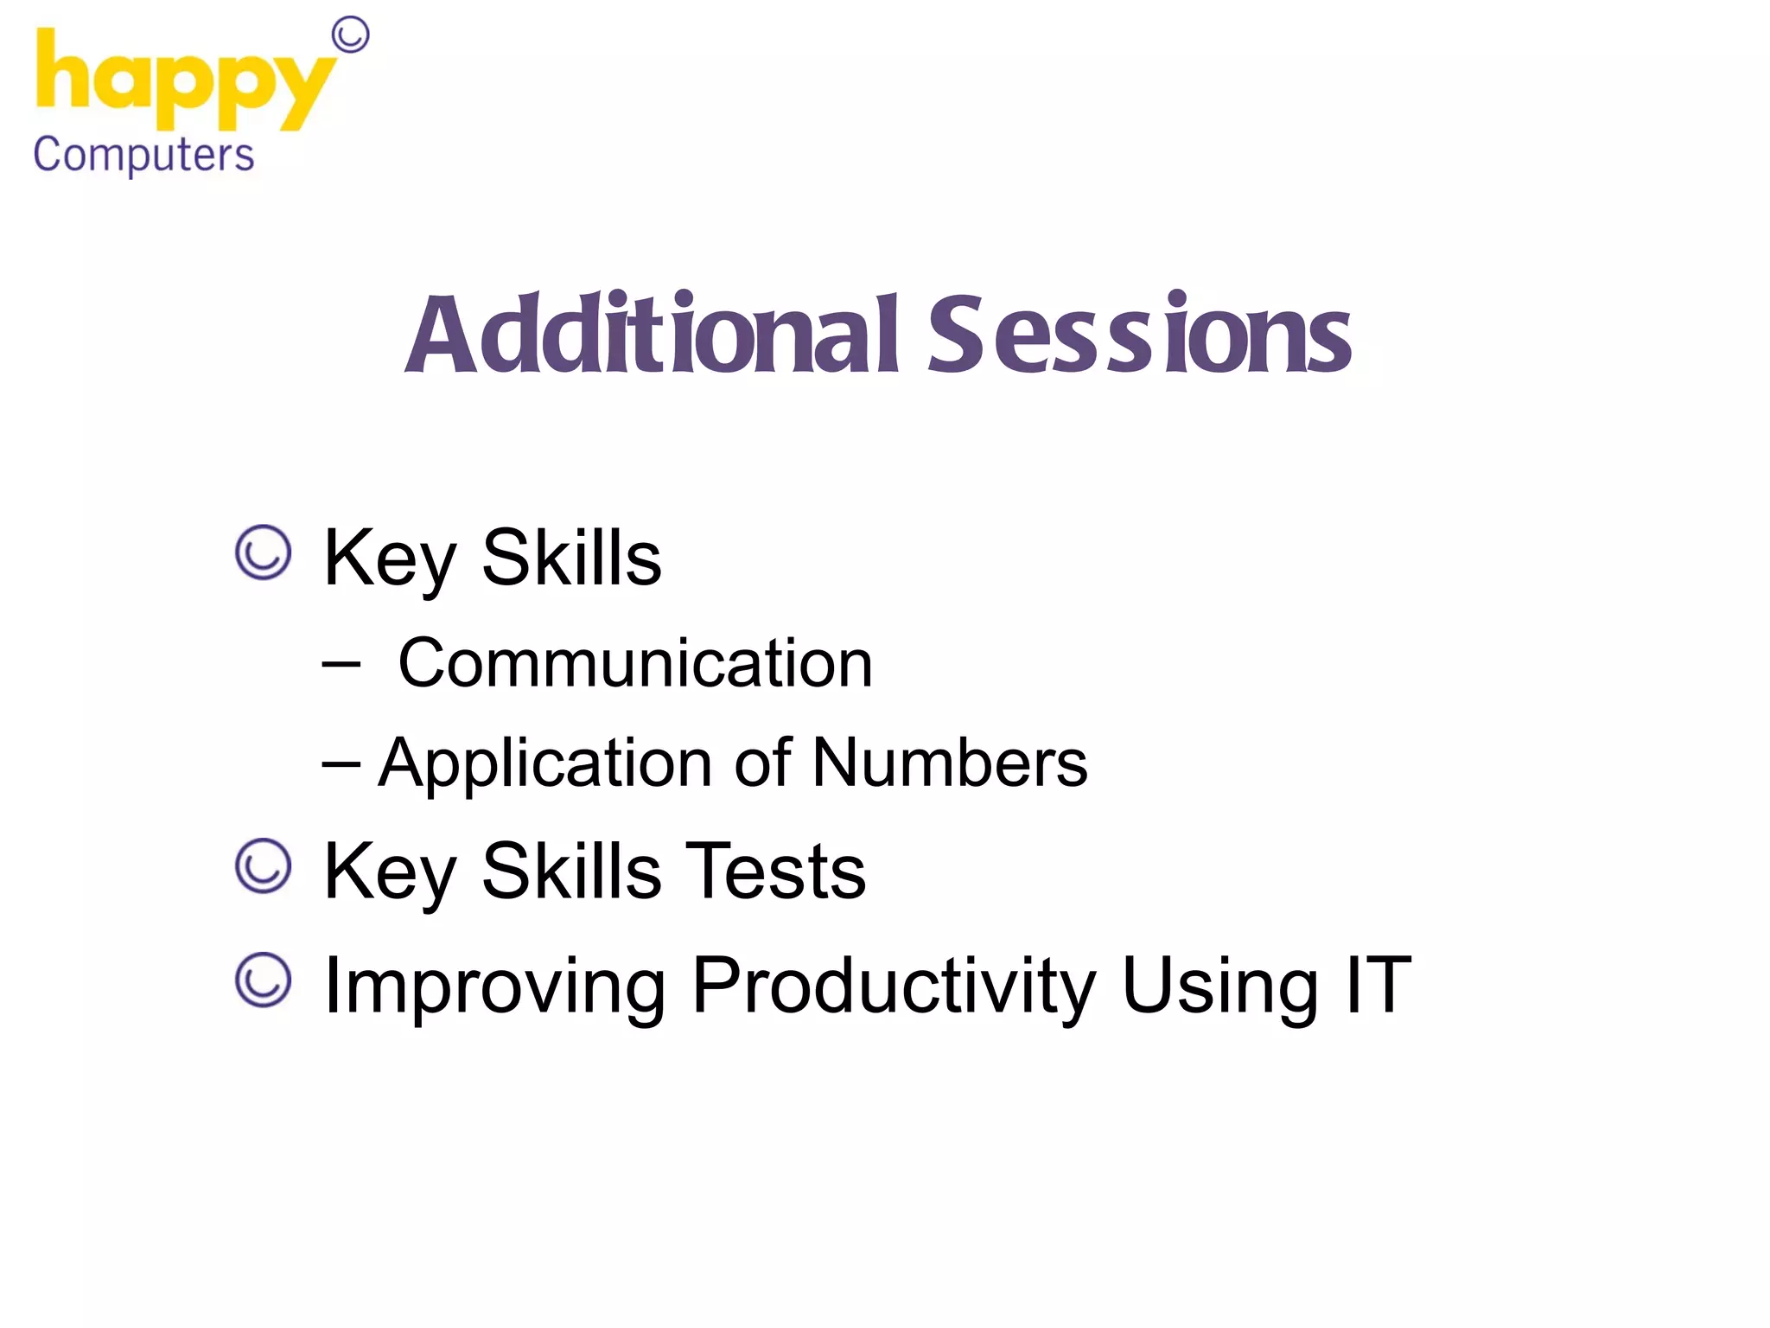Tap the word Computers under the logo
coord(143,156)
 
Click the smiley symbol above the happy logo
coord(350,35)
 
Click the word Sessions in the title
coord(1138,335)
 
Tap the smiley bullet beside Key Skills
coord(263,552)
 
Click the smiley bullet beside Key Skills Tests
coord(263,865)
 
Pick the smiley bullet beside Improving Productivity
coord(263,980)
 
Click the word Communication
coord(635,663)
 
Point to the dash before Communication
coord(341,664)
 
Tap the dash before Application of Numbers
coord(341,764)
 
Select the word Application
coord(544,764)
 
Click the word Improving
coord(493,987)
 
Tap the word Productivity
coord(894,987)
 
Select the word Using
coord(1219,987)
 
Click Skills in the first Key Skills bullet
coord(570,558)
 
